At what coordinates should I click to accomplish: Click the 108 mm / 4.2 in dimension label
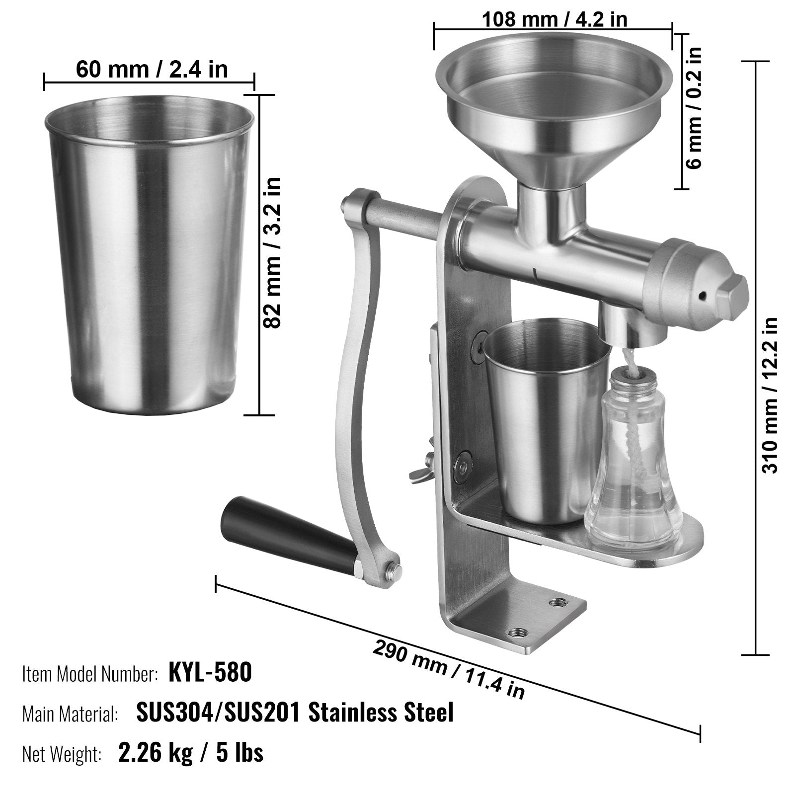[554, 19]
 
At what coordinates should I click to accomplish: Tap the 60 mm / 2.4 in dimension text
[152, 69]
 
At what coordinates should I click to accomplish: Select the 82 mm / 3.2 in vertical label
[272, 252]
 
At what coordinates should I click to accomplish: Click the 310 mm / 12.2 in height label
[770, 395]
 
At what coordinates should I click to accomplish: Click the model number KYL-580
[210, 673]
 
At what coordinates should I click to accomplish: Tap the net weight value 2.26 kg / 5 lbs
[191, 753]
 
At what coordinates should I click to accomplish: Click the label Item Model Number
[90, 674]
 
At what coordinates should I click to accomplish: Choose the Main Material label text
[70, 714]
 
